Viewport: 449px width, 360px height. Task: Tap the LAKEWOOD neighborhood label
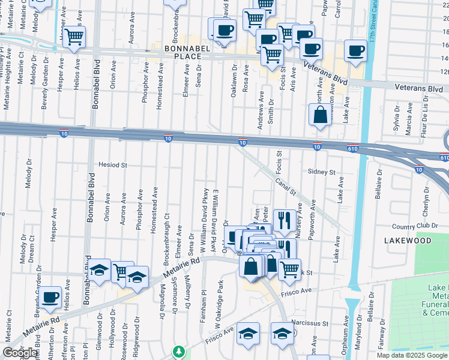coord(408,240)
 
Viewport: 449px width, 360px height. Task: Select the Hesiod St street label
coord(113,164)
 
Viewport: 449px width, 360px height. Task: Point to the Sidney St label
coord(321,172)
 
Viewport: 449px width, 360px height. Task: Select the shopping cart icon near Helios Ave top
coord(74,37)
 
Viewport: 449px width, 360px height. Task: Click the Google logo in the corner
coord(20,353)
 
